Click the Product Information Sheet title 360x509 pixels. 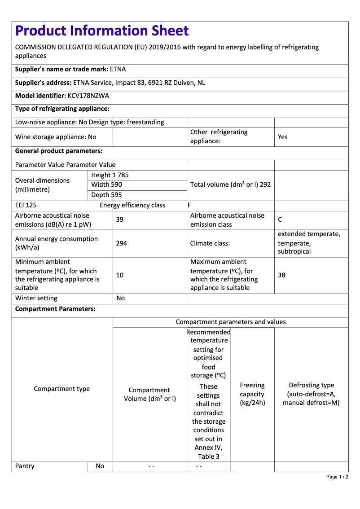(102, 31)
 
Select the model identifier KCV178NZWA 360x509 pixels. (88, 96)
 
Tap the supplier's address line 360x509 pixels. (110, 83)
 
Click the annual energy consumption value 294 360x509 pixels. (121, 243)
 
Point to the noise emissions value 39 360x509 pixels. (119, 219)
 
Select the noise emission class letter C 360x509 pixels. (280, 219)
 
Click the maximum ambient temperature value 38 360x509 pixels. (281, 275)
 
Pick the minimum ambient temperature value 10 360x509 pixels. (120, 275)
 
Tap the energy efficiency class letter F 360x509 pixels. (189, 205)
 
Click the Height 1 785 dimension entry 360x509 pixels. (110, 175)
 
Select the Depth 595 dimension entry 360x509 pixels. (106, 195)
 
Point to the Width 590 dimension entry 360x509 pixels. (106, 184)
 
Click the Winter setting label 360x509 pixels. (36, 298)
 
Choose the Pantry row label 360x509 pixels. (25, 466)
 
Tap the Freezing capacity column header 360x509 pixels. (252, 394)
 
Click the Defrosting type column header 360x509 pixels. (311, 394)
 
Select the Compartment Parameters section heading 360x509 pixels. (55, 309)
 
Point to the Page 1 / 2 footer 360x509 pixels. (337, 477)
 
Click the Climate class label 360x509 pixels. (210, 243)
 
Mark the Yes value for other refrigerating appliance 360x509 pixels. (283, 137)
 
